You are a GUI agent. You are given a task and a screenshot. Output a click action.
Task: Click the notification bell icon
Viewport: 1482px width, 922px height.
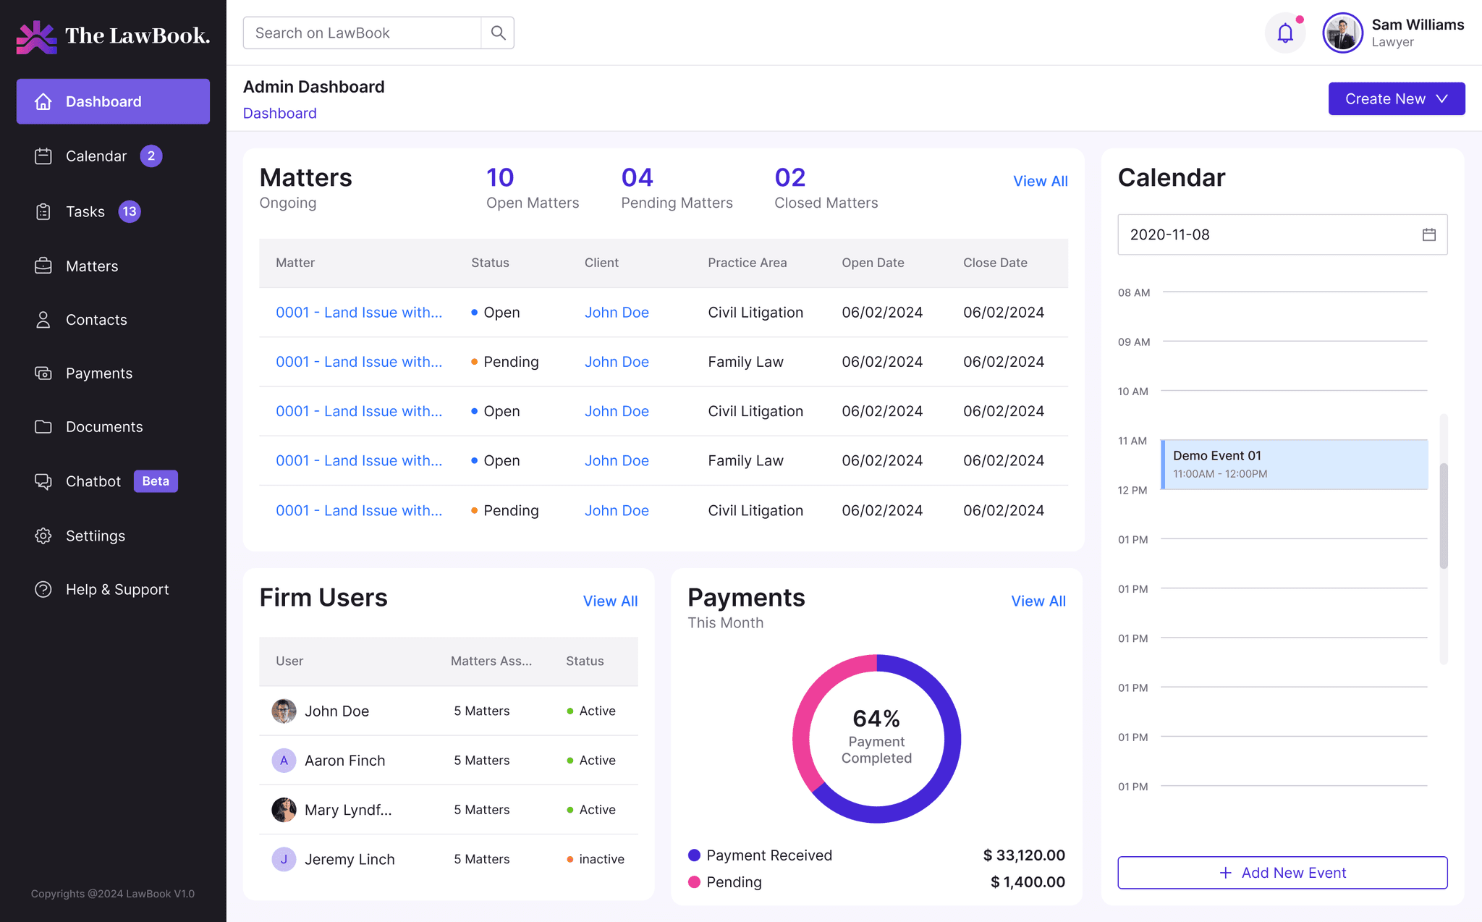tap(1285, 33)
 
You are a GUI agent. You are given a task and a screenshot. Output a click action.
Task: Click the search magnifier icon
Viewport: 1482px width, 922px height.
tap(498, 33)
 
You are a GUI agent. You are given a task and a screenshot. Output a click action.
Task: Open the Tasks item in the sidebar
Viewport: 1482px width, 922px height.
tap(85, 211)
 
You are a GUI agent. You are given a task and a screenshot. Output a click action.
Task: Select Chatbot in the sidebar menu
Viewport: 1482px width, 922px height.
tap(93, 481)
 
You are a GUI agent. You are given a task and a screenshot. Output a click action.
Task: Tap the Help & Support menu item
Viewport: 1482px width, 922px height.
tap(117, 589)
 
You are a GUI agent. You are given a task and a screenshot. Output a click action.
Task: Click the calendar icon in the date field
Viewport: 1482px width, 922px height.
tap(1428, 234)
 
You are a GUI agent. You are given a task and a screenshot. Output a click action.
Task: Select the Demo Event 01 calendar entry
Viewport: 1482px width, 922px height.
tap(1294, 464)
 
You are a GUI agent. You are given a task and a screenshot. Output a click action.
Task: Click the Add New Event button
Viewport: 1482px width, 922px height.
tap(1282, 873)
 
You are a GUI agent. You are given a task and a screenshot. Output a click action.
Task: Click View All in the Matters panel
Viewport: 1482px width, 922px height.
tap(1040, 181)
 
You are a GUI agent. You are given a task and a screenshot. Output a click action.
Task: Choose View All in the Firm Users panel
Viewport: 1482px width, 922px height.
tap(610, 601)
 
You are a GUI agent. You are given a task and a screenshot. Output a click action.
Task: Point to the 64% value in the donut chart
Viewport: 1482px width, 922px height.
tap(876, 718)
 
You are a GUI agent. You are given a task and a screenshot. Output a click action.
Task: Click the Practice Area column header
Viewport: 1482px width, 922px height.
tap(747, 263)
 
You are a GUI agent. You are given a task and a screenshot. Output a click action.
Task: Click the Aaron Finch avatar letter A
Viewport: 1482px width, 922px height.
tap(284, 761)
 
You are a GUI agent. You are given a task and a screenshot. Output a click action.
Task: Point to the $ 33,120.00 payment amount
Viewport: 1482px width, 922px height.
tap(1024, 855)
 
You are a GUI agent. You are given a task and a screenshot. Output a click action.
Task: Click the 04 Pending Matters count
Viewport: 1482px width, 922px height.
tap(637, 177)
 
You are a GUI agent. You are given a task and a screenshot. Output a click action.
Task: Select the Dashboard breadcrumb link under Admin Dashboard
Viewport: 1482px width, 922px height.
tap(279, 113)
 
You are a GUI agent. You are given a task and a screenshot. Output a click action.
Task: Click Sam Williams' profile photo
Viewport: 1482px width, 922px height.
tap(1342, 33)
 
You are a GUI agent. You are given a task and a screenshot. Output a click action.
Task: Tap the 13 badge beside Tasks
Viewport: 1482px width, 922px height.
tap(130, 211)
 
